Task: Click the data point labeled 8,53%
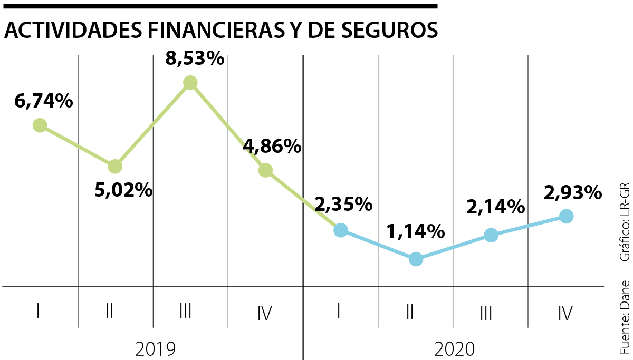(x=190, y=83)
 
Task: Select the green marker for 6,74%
(x=40, y=125)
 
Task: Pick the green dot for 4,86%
(x=265, y=170)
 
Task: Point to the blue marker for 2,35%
(x=341, y=230)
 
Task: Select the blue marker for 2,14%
(x=491, y=236)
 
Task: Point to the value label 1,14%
(x=415, y=231)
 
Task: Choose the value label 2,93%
(x=572, y=192)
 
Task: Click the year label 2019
(x=155, y=348)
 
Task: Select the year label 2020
(x=454, y=348)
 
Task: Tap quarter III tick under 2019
(x=185, y=313)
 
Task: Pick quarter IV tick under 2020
(x=565, y=314)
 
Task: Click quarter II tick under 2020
(x=409, y=313)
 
